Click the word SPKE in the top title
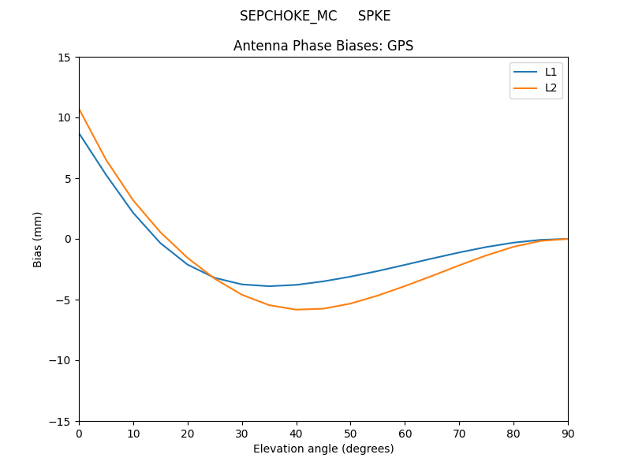click(x=374, y=17)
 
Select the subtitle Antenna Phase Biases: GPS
click(x=323, y=46)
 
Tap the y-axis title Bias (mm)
click(x=38, y=239)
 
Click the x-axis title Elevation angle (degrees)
click(x=323, y=449)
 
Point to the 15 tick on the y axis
click(x=64, y=58)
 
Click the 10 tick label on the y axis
click(x=64, y=118)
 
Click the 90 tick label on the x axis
click(x=568, y=433)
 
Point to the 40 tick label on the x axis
click(x=297, y=433)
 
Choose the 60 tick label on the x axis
click(x=405, y=433)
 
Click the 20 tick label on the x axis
click(x=188, y=433)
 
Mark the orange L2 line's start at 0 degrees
click(x=80, y=110)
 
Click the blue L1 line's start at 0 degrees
click(x=80, y=133)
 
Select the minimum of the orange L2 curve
click(x=297, y=309)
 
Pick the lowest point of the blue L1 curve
click(x=269, y=286)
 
